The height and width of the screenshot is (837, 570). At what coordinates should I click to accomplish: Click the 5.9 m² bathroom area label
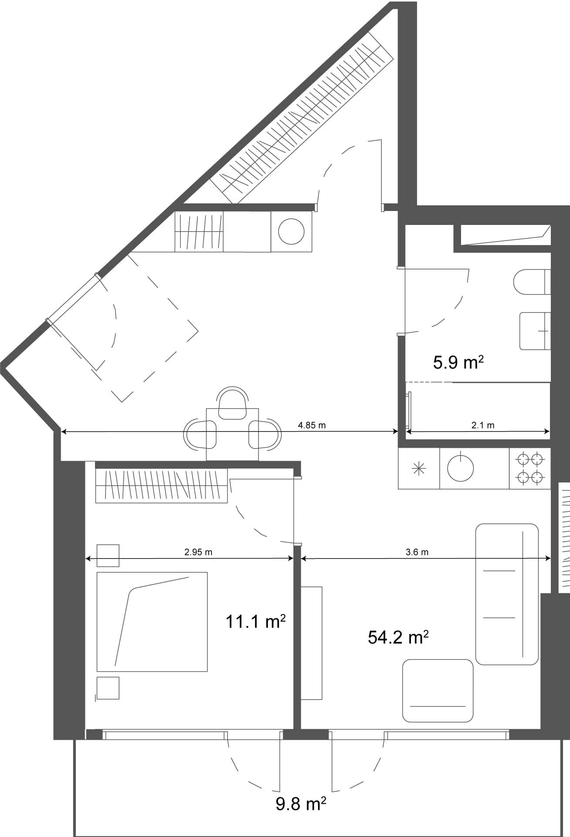click(x=458, y=363)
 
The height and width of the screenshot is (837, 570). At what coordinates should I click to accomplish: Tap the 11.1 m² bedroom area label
click(x=255, y=622)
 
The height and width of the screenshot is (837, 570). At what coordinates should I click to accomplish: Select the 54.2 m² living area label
click(x=398, y=637)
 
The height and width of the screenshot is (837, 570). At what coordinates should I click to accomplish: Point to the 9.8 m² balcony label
click(x=301, y=803)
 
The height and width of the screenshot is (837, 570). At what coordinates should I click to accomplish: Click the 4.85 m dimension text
click(x=312, y=425)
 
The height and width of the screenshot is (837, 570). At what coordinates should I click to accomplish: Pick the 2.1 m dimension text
click(x=483, y=425)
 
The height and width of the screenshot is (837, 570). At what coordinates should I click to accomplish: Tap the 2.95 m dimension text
click(x=198, y=552)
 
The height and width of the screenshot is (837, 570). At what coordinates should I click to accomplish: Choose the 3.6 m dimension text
click(x=417, y=552)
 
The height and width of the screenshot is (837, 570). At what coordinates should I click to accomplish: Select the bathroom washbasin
click(x=535, y=330)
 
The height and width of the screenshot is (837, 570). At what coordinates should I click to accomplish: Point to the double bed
click(x=152, y=622)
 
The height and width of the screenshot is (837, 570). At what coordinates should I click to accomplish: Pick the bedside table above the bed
click(x=108, y=555)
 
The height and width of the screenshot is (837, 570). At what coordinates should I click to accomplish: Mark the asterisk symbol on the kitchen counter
click(x=418, y=469)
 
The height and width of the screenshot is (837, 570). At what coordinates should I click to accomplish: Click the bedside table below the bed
click(x=108, y=688)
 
